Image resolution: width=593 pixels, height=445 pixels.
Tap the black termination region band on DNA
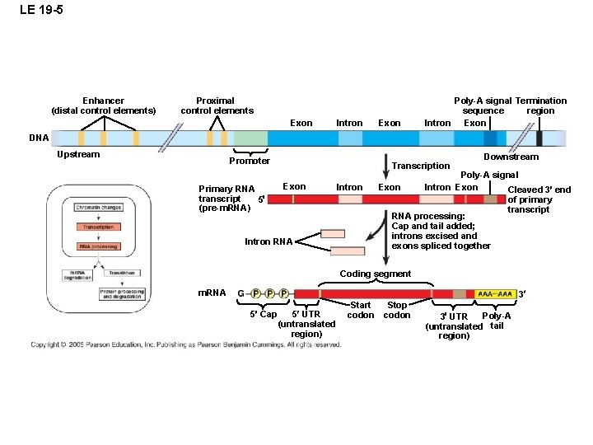pos(539,138)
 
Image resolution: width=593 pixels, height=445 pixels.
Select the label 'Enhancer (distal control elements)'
pos(103,105)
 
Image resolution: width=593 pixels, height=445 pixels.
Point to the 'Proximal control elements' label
pos(217,105)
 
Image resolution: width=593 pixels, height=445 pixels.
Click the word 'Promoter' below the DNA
pos(250,161)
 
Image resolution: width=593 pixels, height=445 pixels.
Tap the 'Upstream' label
pos(78,154)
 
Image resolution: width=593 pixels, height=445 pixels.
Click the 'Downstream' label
pos(511,157)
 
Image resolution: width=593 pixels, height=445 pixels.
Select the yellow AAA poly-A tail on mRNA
pos(497,293)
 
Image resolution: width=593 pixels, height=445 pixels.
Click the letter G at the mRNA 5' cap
pos(240,293)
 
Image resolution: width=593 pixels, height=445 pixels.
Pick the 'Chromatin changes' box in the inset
pos(98,208)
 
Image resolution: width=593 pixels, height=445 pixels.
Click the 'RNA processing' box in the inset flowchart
pos(98,246)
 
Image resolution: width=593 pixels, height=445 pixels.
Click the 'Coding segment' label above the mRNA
pos(375,274)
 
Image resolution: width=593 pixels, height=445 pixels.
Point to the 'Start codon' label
pos(361,310)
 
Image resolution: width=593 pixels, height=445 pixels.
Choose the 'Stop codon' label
pos(397,310)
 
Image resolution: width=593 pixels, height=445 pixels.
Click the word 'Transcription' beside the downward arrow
pos(421,166)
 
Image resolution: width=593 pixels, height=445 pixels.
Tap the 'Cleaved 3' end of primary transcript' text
pos(539,199)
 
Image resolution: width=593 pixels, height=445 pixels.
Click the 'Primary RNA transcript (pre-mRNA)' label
pos(226,199)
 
